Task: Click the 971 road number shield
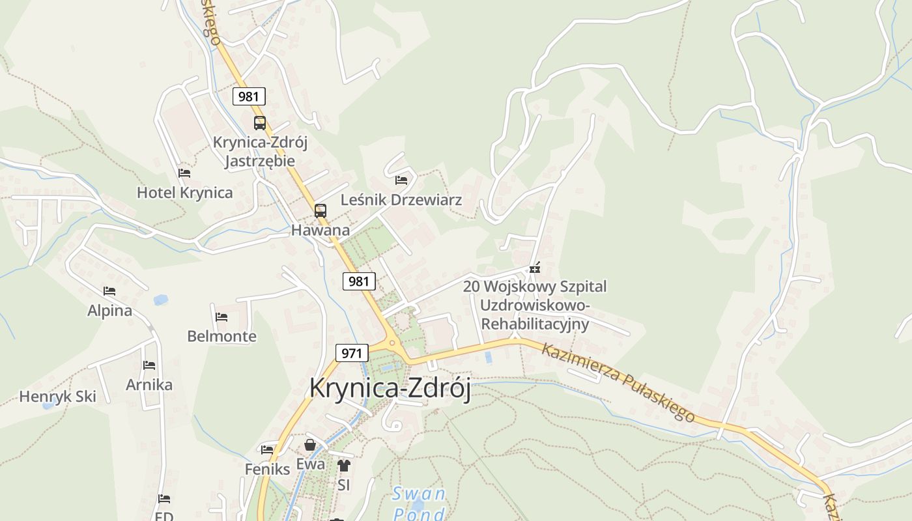coord(352,353)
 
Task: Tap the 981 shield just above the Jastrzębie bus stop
coord(249,96)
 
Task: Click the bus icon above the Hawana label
coord(320,210)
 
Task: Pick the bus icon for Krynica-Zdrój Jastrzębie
coord(259,122)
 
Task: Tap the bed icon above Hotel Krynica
coord(184,173)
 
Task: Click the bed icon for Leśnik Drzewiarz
coord(401,180)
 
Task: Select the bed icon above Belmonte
coord(221,317)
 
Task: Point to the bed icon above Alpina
coord(109,291)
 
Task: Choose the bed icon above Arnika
coord(149,365)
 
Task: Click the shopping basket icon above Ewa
coord(310,445)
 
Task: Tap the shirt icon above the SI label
coord(344,466)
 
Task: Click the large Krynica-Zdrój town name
coord(390,387)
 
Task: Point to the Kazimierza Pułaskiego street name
coord(618,382)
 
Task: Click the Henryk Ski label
coord(57,397)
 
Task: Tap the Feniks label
coord(267,469)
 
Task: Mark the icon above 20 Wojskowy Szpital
coord(535,268)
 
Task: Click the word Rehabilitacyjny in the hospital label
coord(535,324)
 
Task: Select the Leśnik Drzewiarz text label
coord(401,200)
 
